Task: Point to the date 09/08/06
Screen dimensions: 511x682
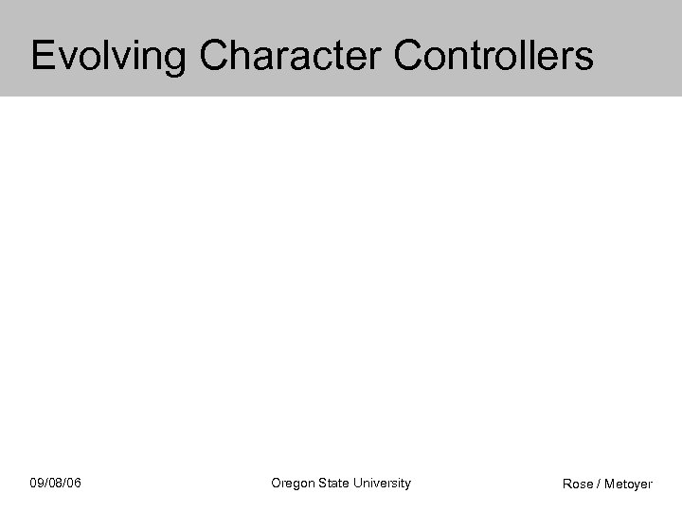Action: point(56,484)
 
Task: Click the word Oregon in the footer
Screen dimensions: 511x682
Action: point(292,484)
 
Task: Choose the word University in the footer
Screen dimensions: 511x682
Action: point(382,484)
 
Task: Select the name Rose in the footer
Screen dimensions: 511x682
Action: point(578,485)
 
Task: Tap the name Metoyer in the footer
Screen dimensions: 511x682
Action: point(628,485)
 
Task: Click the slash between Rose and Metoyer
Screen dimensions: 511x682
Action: point(599,485)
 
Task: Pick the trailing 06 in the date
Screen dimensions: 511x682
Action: point(74,484)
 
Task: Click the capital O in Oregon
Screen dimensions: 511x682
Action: point(277,483)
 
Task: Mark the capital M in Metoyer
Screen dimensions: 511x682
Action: point(609,485)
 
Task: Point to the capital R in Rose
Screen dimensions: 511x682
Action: point(567,485)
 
